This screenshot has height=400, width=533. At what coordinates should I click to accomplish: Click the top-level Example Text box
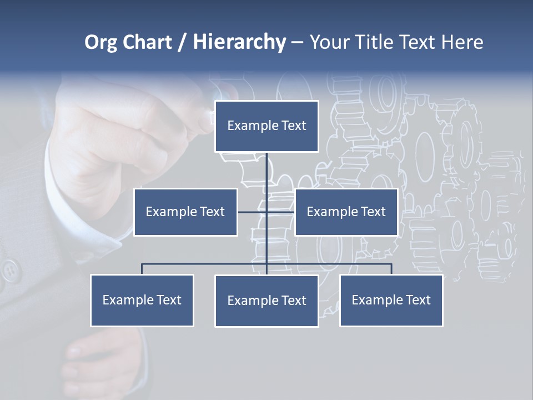(266, 126)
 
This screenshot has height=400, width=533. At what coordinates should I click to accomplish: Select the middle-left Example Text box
(185, 212)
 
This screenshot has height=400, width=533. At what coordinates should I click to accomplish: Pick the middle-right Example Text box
(346, 212)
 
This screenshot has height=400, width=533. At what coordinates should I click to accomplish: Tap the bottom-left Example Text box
(142, 300)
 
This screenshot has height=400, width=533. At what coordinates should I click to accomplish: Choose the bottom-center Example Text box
(266, 301)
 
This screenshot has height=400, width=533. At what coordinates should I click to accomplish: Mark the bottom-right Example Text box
(391, 300)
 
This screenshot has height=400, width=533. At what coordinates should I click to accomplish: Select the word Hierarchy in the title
(239, 42)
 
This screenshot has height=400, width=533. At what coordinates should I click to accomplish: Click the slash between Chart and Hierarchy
(182, 42)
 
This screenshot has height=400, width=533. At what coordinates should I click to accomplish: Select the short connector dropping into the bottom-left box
(142, 269)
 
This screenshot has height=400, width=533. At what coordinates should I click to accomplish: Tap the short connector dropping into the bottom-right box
(391, 269)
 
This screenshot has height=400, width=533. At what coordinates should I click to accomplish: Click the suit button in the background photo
(9, 271)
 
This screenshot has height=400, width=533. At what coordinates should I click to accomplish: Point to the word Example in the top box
(247, 126)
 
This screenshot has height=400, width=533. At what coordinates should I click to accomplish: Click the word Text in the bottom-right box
(418, 300)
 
